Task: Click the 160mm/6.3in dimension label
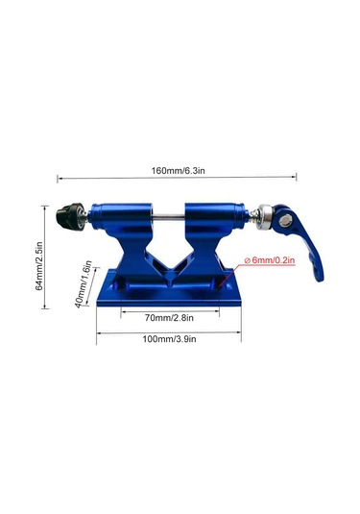[x=178, y=171]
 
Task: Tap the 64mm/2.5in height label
[x=39, y=266]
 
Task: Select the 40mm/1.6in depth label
[x=84, y=283]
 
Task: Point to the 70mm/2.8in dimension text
[x=169, y=318]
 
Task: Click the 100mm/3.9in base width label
[x=169, y=338]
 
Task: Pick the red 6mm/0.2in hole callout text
[x=270, y=260]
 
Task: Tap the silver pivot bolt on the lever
[x=285, y=221]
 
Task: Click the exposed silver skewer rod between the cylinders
[x=168, y=216]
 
